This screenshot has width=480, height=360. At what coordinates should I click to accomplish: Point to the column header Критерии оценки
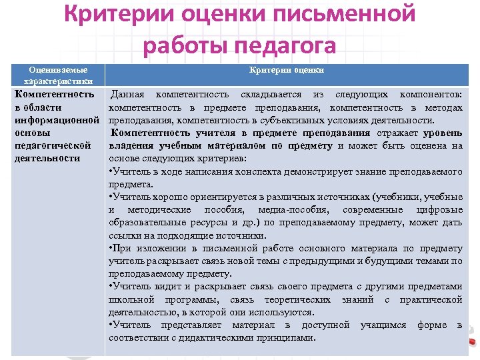[x=287, y=70]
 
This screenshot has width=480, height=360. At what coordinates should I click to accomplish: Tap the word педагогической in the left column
[x=52, y=145]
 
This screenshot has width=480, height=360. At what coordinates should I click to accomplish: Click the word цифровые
[x=440, y=210]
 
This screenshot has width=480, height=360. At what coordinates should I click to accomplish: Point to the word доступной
[x=325, y=325]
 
